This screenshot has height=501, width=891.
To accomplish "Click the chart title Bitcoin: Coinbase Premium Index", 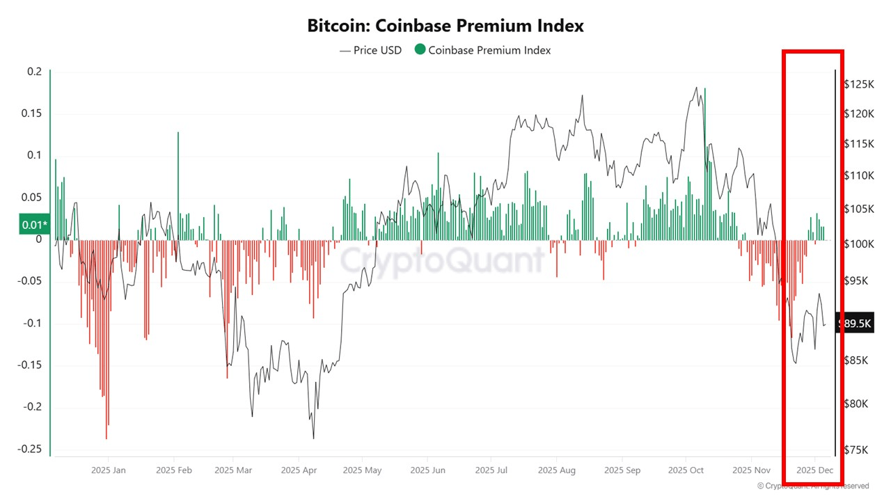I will tap(445, 26).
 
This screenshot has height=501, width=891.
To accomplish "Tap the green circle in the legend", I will tap(420, 49).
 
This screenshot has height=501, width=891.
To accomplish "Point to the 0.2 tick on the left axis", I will tap(35, 72).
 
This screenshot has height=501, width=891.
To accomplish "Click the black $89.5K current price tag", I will tap(855, 324).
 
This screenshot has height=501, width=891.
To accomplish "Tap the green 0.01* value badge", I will tap(35, 224).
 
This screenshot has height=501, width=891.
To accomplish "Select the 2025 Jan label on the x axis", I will tap(109, 470).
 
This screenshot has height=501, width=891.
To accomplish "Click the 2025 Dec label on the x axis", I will tap(815, 470).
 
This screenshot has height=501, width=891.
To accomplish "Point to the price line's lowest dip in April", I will tap(313, 438).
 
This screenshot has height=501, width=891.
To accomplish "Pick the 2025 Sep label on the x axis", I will tap(622, 470).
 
